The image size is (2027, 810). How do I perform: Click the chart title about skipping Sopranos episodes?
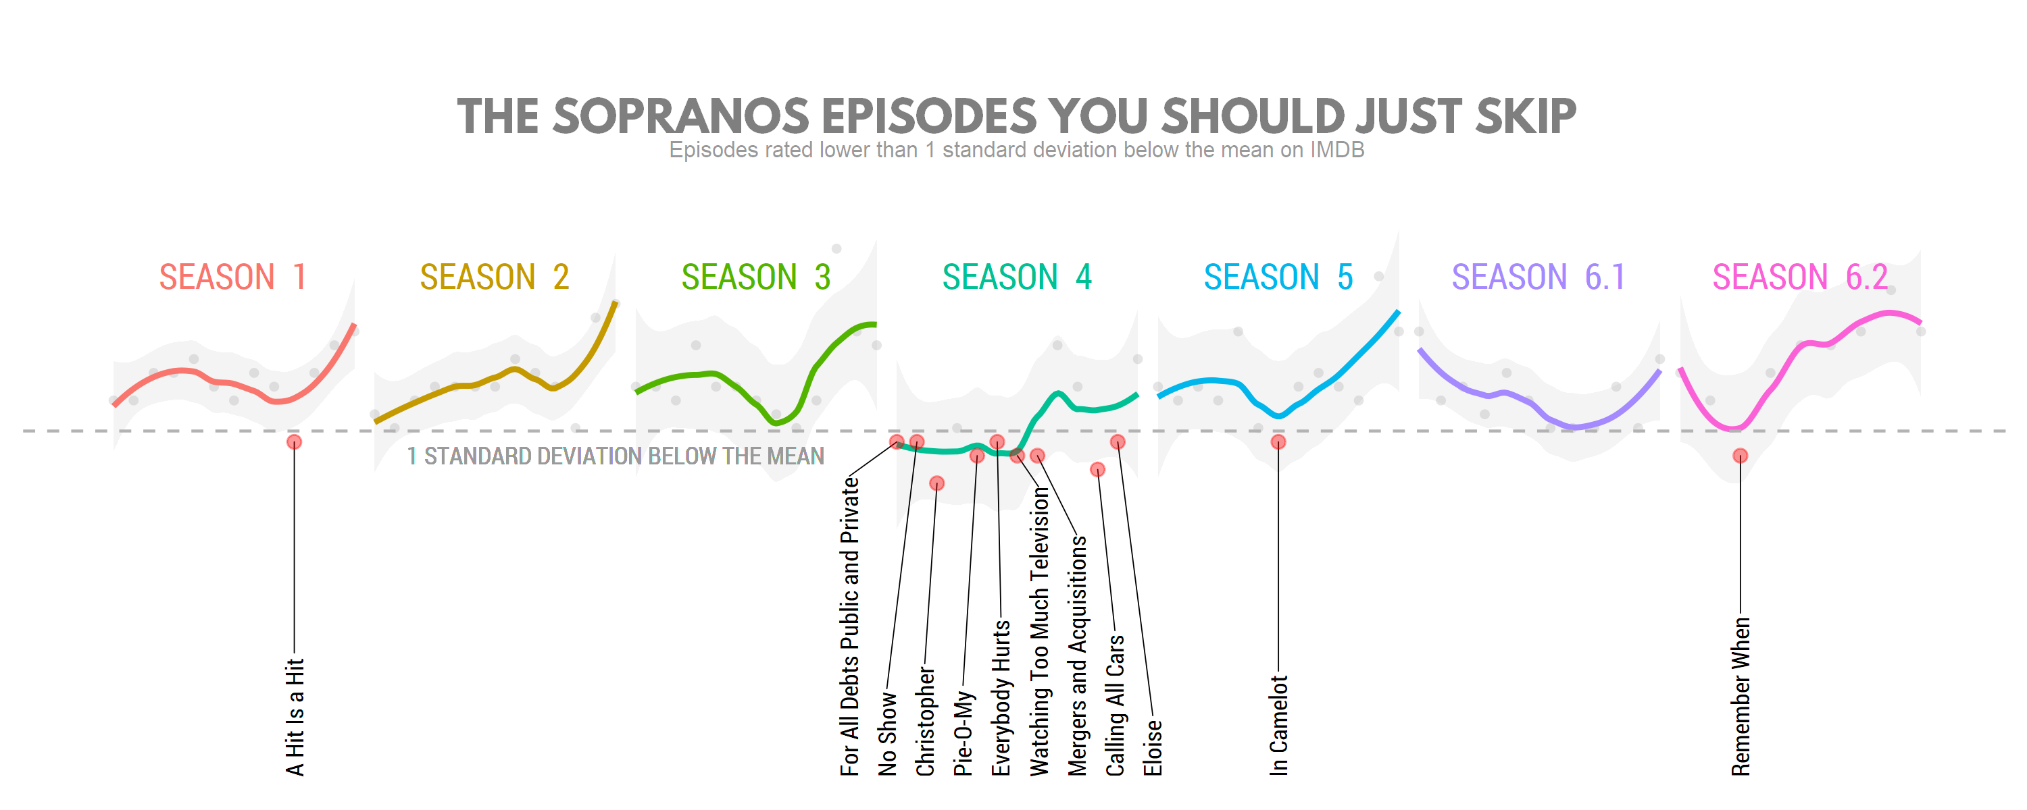click(x=1017, y=116)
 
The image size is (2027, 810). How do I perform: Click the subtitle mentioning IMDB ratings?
click(x=1017, y=151)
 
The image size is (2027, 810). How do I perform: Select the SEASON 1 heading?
click(x=232, y=277)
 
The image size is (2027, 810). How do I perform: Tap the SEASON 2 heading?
click(x=494, y=277)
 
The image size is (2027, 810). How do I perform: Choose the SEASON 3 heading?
click(x=755, y=277)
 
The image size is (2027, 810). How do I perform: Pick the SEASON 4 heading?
click(x=1017, y=277)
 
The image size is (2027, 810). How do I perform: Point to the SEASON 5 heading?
click(x=1278, y=277)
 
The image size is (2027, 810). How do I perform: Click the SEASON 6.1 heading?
click(x=1538, y=277)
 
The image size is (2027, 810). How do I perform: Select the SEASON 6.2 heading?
click(x=1799, y=277)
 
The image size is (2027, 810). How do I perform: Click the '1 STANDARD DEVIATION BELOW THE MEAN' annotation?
click(x=616, y=456)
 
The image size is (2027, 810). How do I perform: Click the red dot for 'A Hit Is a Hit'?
click(x=295, y=442)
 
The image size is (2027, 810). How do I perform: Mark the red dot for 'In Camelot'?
click(x=1278, y=442)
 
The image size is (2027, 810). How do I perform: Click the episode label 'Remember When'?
click(x=1741, y=697)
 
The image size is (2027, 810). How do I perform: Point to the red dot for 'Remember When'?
click(x=1741, y=456)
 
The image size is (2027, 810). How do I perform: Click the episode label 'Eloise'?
click(x=1153, y=748)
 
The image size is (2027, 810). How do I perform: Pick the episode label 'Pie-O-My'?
click(x=963, y=734)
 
